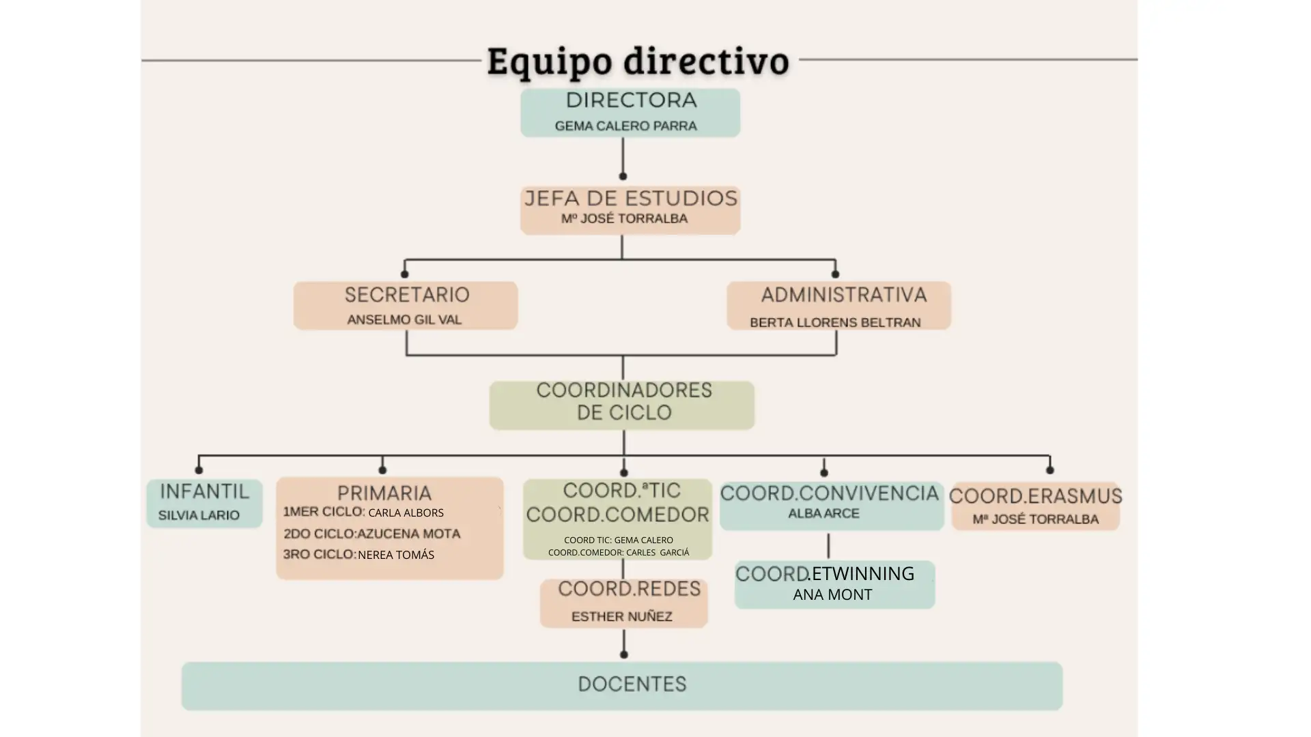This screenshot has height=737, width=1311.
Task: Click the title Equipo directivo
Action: [x=638, y=61]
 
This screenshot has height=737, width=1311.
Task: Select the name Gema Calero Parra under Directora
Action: [x=625, y=126]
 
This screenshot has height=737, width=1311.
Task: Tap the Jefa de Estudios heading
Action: [x=631, y=199]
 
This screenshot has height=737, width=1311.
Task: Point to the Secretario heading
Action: [x=407, y=295]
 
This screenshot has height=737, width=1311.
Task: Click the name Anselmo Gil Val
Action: [x=404, y=319]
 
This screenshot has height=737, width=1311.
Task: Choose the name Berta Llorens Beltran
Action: [x=835, y=322]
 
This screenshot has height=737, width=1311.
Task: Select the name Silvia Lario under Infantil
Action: [x=199, y=515]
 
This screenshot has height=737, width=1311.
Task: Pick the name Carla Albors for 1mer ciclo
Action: [x=406, y=512]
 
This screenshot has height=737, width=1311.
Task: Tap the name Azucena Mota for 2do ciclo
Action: [x=409, y=534]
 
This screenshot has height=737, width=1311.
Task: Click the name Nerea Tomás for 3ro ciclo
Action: [x=396, y=555]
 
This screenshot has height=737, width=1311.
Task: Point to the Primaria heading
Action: [x=384, y=493]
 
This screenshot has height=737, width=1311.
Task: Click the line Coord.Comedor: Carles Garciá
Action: [x=619, y=552]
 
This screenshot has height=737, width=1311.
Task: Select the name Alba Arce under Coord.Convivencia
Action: [x=823, y=513]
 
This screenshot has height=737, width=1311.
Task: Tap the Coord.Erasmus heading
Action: [x=1035, y=496]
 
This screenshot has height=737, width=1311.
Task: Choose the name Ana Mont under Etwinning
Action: [x=832, y=594]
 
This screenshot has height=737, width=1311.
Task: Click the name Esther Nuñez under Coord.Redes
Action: [x=621, y=616]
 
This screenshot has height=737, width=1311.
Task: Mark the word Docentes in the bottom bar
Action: [x=632, y=684]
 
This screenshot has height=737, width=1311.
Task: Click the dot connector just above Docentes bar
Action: [x=623, y=654]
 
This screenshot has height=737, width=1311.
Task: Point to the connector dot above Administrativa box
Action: [x=835, y=274]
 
